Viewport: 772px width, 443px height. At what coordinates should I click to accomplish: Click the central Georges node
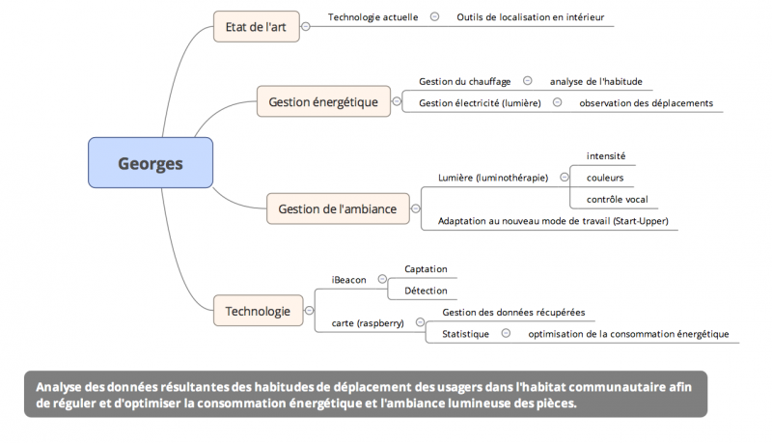[x=150, y=163]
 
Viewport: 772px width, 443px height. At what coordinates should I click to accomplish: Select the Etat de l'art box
[x=256, y=26]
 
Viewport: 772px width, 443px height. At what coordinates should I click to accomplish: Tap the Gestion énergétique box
[x=323, y=101]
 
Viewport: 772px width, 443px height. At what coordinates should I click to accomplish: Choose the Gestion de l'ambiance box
[x=337, y=208]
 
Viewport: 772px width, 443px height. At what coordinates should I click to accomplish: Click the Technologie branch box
[x=258, y=311]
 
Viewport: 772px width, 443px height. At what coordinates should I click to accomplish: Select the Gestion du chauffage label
[x=464, y=81]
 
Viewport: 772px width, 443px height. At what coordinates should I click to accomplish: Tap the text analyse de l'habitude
[x=595, y=81]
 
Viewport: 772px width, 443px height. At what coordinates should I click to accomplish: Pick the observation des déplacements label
[x=646, y=102]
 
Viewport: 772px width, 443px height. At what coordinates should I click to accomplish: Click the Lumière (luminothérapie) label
[x=492, y=178]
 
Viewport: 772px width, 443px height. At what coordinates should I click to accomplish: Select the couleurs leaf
[x=605, y=178]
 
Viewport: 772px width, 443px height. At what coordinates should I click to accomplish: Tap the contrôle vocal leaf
[x=617, y=200]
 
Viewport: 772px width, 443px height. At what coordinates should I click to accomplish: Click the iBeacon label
[x=348, y=280]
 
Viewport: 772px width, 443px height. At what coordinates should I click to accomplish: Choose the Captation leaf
[x=426, y=268]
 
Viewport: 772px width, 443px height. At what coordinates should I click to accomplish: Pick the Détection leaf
[x=426, y=290]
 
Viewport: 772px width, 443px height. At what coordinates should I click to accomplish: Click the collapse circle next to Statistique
[x=506, y=334]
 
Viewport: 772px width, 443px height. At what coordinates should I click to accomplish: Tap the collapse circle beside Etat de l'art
[x=306, y=26]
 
